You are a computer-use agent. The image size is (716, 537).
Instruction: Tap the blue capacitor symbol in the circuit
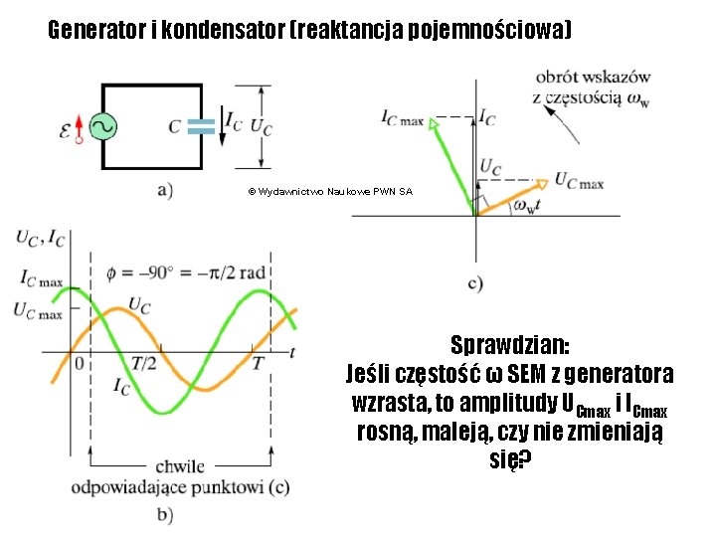click(x=201, y=126)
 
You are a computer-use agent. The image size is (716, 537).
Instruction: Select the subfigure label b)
click(x=165, y=514)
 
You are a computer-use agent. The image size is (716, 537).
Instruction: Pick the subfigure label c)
click(x=476, y=283)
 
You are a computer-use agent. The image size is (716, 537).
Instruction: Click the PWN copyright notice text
click(x=330, y=191)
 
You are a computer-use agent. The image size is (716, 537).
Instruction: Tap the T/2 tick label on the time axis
click(x=144, y=364)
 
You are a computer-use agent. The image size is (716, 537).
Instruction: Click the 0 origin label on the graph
click(x=79, y=364)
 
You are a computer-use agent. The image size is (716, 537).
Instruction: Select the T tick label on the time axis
click(x=257, y=364)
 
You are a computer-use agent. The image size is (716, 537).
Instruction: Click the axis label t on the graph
click(x=291, y=350)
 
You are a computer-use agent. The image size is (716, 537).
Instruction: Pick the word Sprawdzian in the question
click(x=509, y=346)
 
